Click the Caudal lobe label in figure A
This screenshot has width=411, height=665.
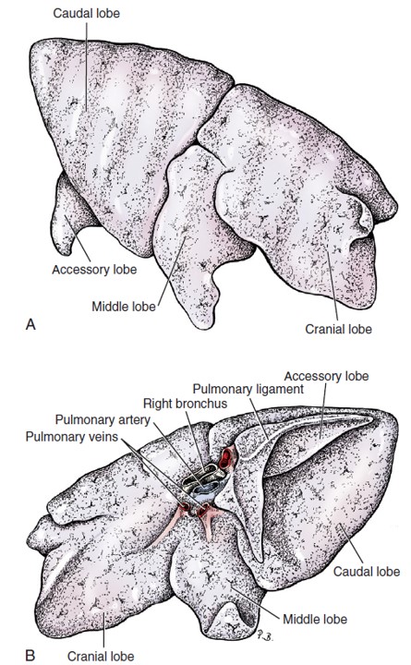point(86,14)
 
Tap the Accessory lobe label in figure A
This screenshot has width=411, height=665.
point(94,270)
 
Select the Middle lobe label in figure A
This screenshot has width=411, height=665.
point(124,307)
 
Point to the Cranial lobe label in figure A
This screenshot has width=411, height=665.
point(338,329)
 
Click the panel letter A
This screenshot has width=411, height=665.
point(30,324)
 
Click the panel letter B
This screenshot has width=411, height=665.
point(30,655)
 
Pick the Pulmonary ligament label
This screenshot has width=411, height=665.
point(248,389)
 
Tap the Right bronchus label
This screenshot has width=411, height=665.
point(185,403)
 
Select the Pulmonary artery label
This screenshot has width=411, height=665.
point(103,420)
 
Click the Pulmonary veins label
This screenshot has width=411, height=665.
point(72,436)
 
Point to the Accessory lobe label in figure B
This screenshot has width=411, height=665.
point(326,376)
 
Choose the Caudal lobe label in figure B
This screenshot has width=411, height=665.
point(367,572)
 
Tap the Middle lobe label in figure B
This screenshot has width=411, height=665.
point(315,619)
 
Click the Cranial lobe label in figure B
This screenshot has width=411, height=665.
point(101,656)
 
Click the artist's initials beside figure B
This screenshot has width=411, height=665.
point(264,635)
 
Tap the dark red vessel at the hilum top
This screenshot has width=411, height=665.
point(226,458)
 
